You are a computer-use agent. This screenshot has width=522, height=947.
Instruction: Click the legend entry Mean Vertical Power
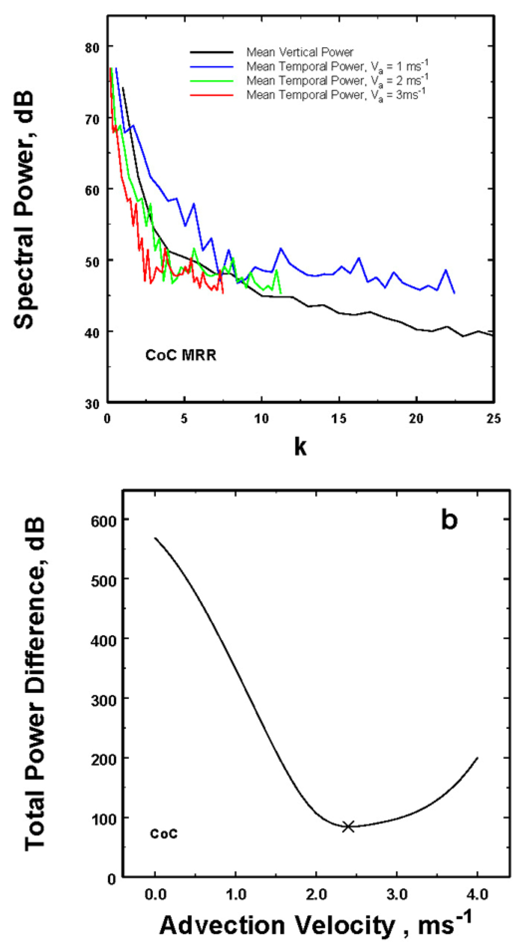300,52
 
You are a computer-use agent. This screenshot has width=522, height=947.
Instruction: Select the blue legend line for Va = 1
212,67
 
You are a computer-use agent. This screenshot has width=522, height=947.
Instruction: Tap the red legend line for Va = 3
212,95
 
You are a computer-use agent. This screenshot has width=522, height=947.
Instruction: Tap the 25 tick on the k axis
493,419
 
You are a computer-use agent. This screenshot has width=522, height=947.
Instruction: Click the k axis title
300,447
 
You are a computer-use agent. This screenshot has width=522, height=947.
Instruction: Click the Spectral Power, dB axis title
24,209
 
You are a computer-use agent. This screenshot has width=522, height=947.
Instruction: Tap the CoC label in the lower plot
164,834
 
